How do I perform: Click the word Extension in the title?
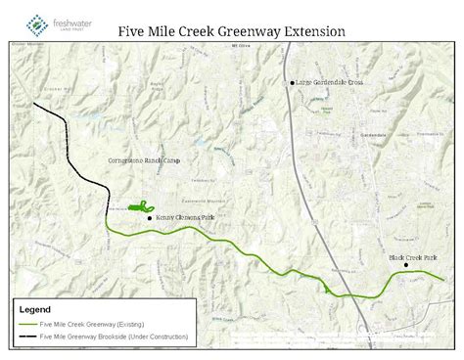[312, 31]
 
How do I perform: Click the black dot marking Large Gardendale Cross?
[292, 83]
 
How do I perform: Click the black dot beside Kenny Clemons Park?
[149, 218]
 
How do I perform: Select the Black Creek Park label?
[404, 256]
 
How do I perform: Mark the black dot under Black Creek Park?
[406, 265]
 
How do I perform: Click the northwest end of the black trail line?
[34, 103]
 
